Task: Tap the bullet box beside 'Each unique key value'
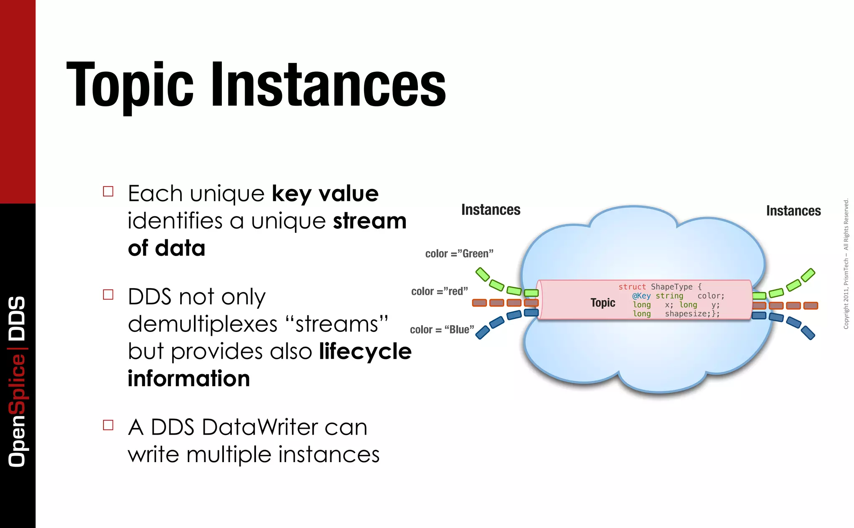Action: coord(108,191)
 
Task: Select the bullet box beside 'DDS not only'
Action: coord(108,295)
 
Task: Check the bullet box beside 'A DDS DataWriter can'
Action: coord(108,425)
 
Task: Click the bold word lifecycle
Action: coord(365,351)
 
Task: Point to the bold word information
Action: coord(188,379)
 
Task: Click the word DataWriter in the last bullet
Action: coord(260,427)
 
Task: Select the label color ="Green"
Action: coord(459,254)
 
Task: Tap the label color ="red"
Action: coord(440,291)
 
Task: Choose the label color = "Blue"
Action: coord(442,329)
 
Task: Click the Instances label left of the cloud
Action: coord(491,210)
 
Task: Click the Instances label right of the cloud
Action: coord(793,211)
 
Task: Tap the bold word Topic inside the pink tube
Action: coord(603,303)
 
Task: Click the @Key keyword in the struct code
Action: coord(641,296)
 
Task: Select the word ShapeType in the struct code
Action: coord(671,287)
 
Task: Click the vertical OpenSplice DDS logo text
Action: coord(18,381)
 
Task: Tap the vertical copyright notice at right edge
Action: coord(846,264)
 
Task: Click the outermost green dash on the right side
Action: coord(808,275)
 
